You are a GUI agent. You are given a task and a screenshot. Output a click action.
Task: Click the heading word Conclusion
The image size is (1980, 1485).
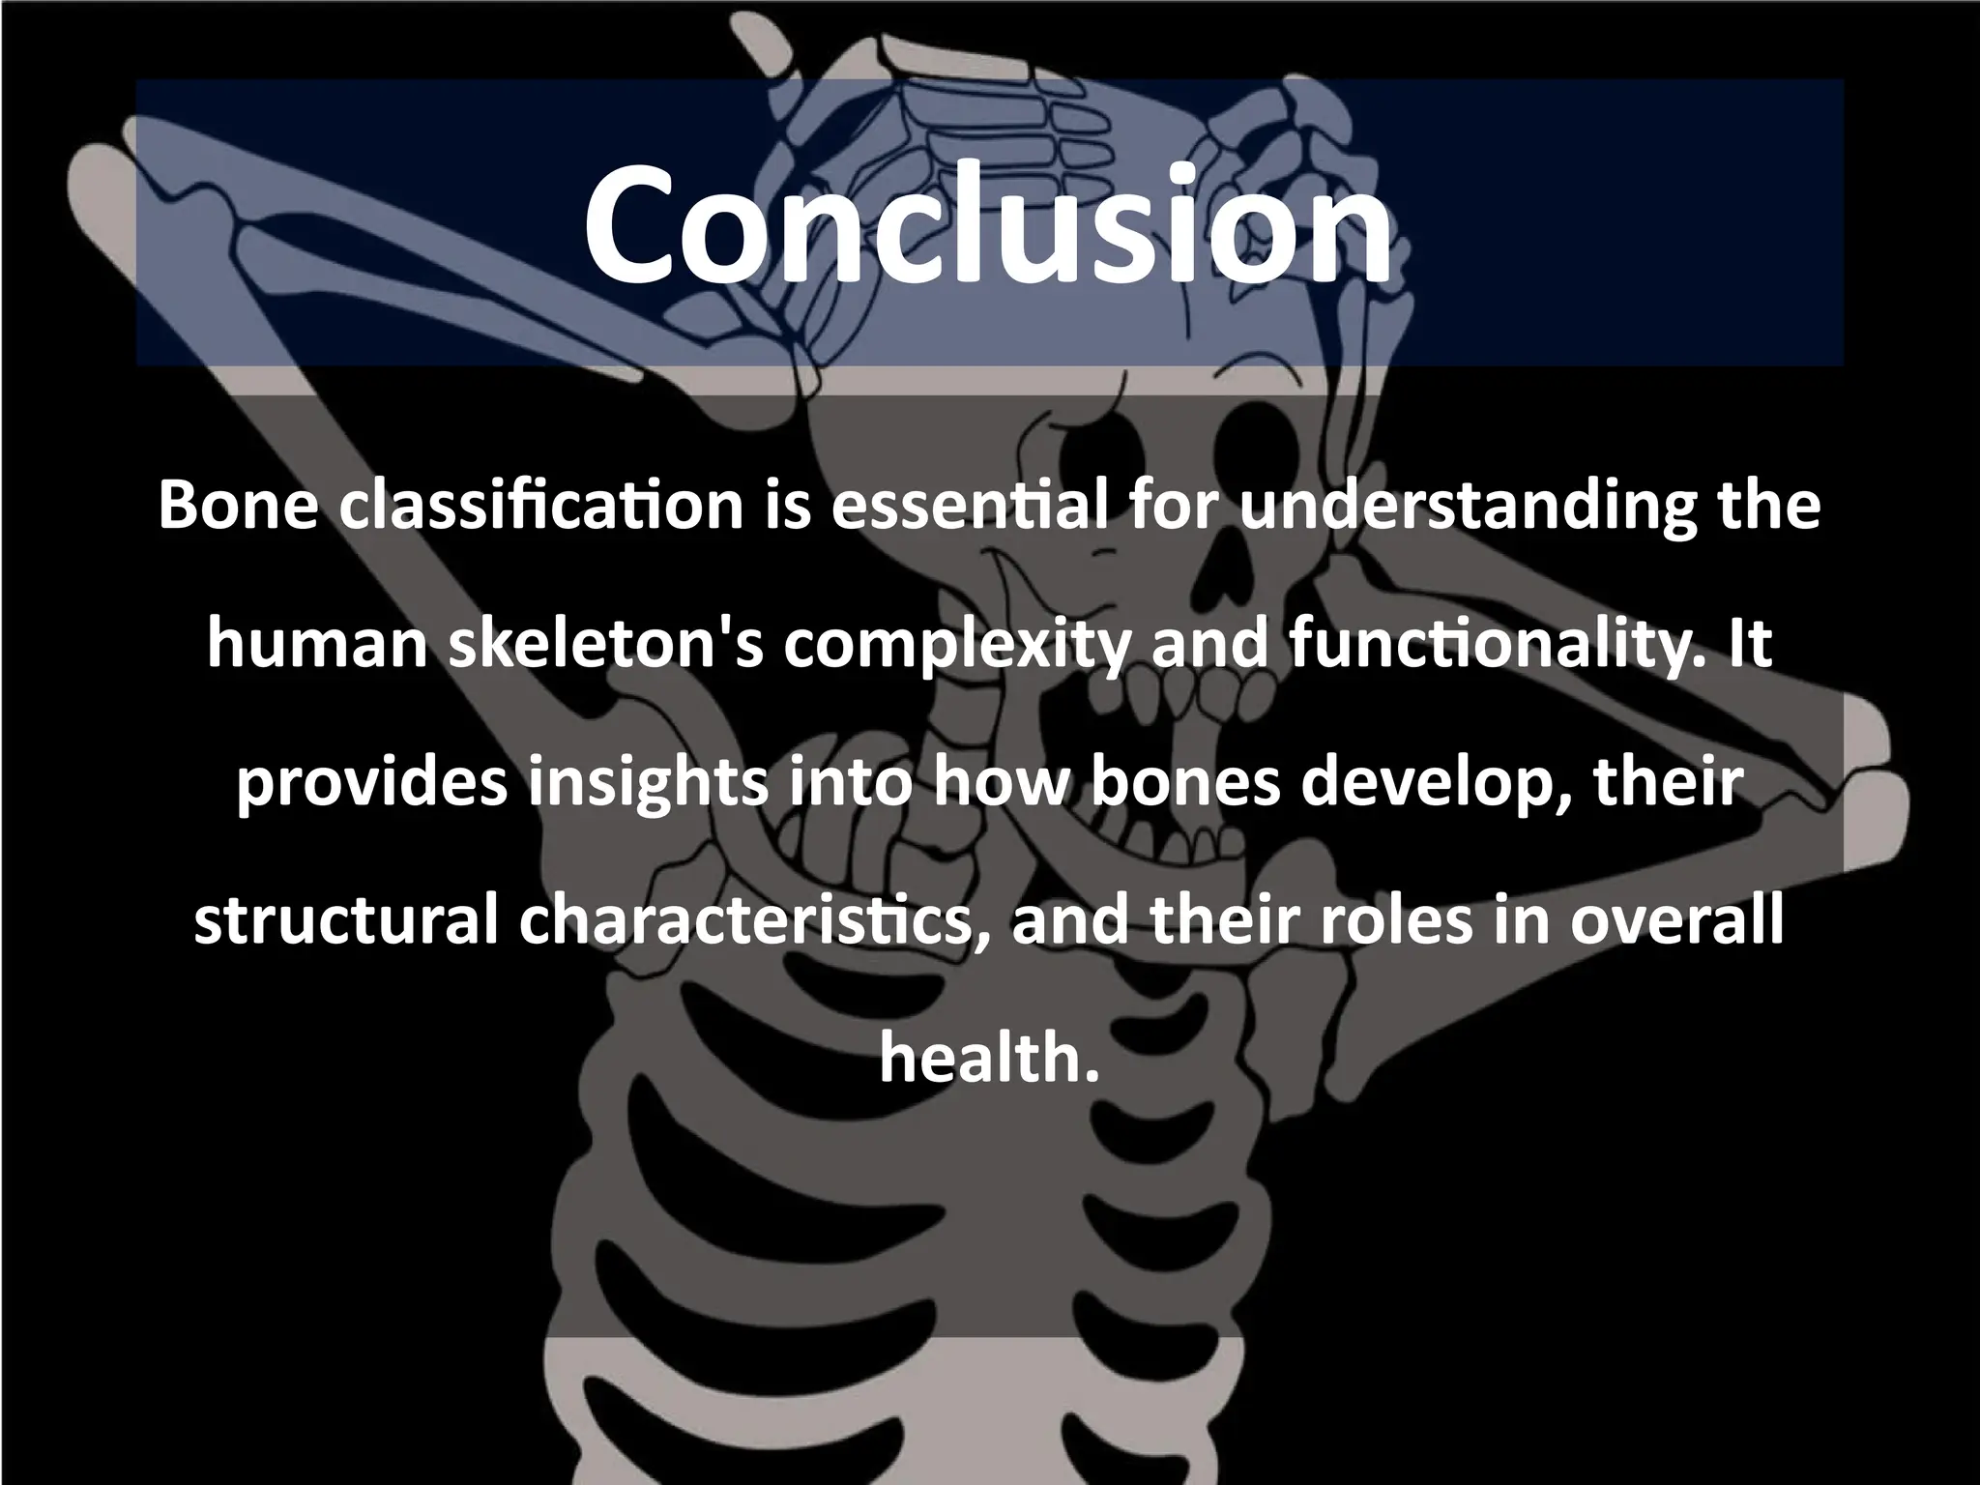(988, 224)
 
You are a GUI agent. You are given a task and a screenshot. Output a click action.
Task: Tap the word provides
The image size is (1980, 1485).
(372, 783)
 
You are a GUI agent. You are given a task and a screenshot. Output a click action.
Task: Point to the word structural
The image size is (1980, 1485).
(347, 921)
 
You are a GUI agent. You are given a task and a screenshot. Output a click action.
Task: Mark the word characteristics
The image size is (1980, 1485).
(754, 921)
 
